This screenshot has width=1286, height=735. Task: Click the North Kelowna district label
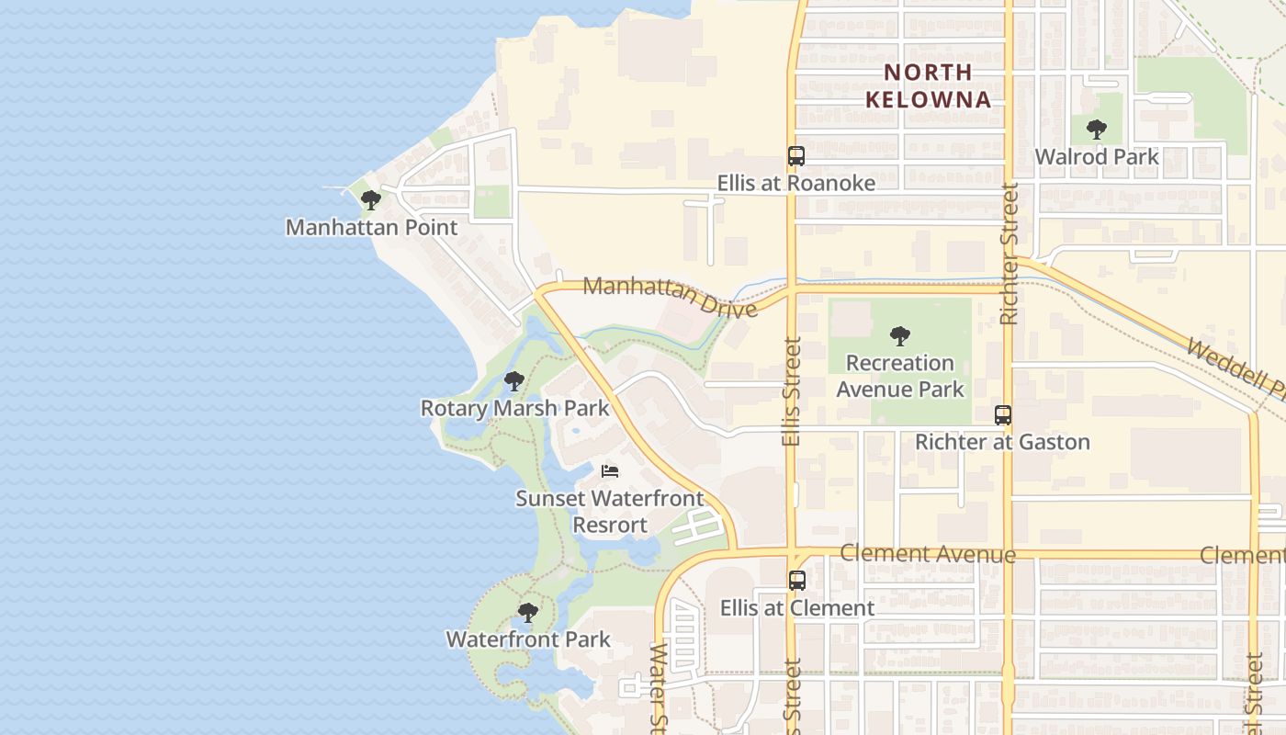(x=928, y=85)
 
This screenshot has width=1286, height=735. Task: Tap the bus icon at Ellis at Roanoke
(x=795, y=156)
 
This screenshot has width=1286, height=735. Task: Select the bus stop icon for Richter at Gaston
(x=1002, y=415)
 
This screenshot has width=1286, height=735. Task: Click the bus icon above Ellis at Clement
(x=796, y=581)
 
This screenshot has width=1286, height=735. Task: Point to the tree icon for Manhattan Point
(x=371, y=200)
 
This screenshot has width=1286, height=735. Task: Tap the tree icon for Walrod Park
(x=1096, y=130)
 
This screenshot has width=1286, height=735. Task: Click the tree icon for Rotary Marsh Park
(x=514, y=380)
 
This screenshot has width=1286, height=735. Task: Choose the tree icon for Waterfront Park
(x=527, y=613)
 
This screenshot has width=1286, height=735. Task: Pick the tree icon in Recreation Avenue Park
(x=900, y=336)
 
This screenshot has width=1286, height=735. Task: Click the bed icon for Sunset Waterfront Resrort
(x=610, y=471)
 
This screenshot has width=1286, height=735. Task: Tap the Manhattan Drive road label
(x=670, y=296)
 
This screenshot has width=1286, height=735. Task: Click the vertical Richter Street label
(x=1009, y=254)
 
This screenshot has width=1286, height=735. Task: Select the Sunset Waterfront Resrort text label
(x=609, y=512)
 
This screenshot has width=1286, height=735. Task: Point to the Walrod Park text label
(x=1097, y=157)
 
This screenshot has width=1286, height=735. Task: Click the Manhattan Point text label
(x=371, y=227)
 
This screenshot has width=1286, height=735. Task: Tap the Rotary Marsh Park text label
(x=514, y=408)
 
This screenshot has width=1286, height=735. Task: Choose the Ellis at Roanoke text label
(x=795, y=184)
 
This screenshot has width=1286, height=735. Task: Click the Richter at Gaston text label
(x=1002, y=442)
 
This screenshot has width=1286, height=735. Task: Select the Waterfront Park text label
(x=527, y=639)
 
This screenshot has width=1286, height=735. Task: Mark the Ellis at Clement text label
(x=796, y=608)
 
